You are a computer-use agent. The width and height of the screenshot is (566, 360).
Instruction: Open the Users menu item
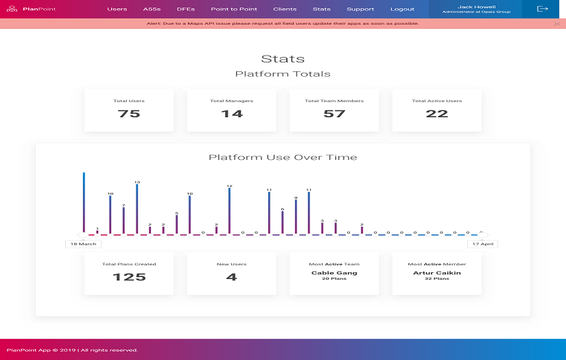[x=117, y=9]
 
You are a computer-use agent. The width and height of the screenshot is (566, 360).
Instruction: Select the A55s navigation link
[x=152, y=9]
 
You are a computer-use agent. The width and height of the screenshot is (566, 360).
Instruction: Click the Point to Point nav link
[x=234, y=9]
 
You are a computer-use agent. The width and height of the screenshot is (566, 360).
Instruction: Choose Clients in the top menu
[x=285, y=9]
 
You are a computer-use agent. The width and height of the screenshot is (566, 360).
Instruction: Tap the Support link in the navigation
[x=360, y=9]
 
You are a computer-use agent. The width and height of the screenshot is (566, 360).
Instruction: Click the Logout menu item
[x=402, y=9]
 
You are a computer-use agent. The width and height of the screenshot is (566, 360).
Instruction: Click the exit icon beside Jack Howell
[x=543, y=9]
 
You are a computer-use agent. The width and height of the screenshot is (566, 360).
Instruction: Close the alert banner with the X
[x=557, y=23]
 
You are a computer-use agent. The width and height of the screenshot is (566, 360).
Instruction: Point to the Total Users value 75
[x=129, y=114]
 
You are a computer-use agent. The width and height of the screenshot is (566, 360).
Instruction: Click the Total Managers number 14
[x=231, y=114]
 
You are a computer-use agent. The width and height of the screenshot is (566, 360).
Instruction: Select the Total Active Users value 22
[x=437, y=114]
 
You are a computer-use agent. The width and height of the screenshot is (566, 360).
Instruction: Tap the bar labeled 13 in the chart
[x=137, y=209]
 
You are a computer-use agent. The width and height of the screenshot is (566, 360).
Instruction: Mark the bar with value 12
[x=229, y=211]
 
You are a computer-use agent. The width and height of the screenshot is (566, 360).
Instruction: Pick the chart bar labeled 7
[x=123, y=220]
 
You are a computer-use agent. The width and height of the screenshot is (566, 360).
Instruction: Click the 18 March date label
[x=83, y=243]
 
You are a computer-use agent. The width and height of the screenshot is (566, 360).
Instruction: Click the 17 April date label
[x=482, y=243]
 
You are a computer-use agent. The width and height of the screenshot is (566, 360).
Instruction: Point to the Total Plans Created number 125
[x=129, y=277]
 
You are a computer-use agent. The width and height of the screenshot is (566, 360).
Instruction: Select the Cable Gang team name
[x=334, y=273]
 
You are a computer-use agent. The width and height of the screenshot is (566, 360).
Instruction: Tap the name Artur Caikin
[x=437, y=273]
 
